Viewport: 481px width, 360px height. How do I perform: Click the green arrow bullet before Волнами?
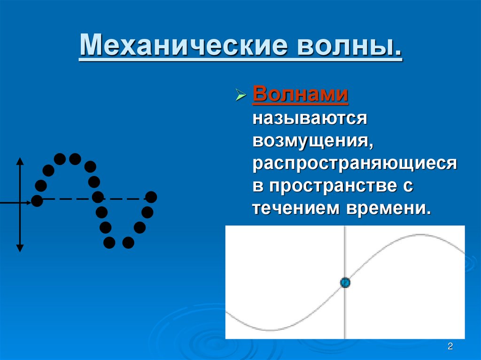240,97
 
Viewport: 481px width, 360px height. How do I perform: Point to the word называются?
310,118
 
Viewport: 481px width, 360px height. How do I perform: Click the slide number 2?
450,347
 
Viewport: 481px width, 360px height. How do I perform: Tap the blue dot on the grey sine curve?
345,282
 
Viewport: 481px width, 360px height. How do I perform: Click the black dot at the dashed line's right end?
151,197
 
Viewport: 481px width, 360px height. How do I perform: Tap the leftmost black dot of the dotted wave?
37,201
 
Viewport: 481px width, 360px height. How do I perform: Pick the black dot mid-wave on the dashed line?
98,197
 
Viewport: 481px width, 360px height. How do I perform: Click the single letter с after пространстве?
407,186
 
